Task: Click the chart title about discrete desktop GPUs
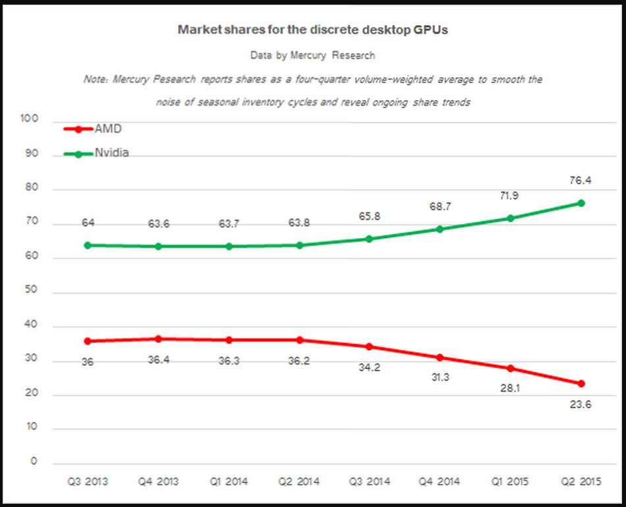(313, 30)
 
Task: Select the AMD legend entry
(108, 129)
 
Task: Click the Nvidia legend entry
(111, 153)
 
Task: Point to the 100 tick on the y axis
(30, 120)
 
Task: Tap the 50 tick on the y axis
(32, 291)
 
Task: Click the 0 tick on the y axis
(34, 462)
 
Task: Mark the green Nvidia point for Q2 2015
(581, 203)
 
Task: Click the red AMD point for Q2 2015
(581, 384)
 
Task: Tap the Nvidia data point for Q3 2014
(369, 239)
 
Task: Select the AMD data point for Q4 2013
(158, 339)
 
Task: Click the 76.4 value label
(580, 180)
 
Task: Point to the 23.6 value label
(580, 405)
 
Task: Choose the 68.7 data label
(439, 207)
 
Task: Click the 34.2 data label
(369, 367)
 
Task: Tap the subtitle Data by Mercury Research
(313, 55)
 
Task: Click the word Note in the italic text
(96, 79)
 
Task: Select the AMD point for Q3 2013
(88, 342)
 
